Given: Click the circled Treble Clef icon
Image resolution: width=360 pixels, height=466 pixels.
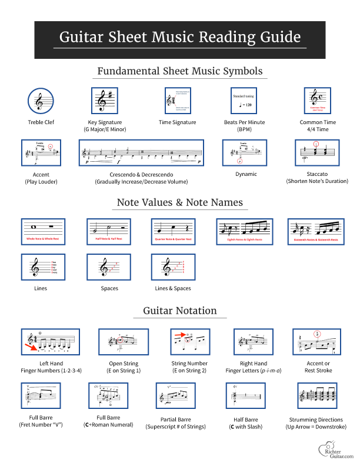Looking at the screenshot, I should click(39, 101).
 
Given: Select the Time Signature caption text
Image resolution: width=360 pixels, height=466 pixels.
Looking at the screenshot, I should click(178, 122).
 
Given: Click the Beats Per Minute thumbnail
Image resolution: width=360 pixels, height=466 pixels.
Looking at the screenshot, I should click(246, 101).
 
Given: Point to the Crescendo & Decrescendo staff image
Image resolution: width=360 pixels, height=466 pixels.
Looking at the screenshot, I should click(142, 154).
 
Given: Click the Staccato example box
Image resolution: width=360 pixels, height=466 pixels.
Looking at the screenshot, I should click(316, 154).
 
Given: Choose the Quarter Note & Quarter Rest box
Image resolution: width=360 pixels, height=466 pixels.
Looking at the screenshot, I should click(172, 231).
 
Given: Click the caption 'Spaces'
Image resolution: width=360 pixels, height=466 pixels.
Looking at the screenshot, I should click(109, 288).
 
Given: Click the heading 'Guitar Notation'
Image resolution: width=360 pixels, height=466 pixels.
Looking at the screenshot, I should click(179, 311).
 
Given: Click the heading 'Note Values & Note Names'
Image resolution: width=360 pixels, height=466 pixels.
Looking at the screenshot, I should click(179, 202).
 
